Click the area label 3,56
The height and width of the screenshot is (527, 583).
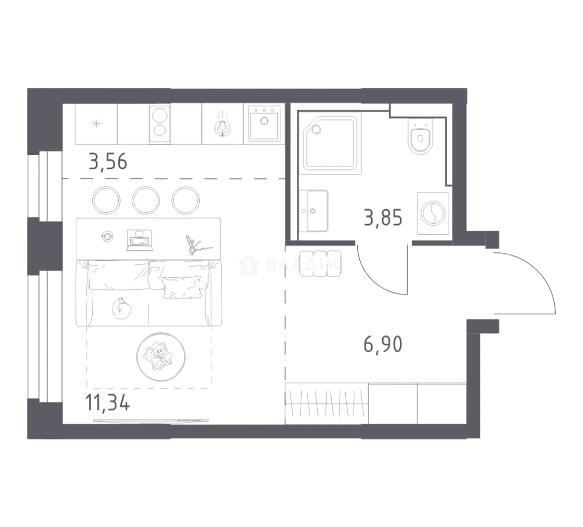tap(108, 162)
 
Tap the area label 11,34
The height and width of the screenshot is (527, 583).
tap(107, 403)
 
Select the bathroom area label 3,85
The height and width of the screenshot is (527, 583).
tap(383, 218)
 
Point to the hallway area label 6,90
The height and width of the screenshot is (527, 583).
tap(383, 345)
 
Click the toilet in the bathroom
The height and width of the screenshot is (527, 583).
tap(420, 136)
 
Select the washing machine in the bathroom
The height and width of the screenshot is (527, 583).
tap(433, 213)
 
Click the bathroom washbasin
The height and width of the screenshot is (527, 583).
tap(313, 211)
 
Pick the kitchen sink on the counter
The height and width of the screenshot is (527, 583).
tap(264, 123)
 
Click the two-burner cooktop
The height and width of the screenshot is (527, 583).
tap(160, 124)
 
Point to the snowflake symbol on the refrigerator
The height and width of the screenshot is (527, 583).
tap(96, 123)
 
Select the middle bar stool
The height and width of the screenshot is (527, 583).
tap(146, 201)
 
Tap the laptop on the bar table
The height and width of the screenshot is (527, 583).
tap(140, 241)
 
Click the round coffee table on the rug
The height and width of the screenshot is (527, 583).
tap(161, 357)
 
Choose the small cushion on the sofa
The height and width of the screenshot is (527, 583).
tap(182, 287)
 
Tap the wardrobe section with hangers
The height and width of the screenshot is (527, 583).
tap(327, 403)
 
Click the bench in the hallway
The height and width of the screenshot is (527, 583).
tap(320, 264)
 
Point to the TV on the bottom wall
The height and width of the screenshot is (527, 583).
tap(150, 421)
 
